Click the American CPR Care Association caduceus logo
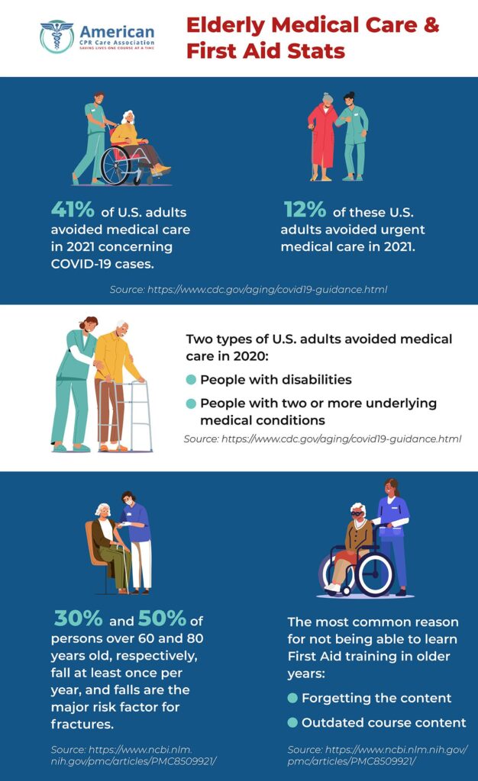pyautogui.click(x=57, y=37)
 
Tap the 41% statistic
pyautogui.click(x=72, y=210)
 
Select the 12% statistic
pyautogui.click(x=304, y=210)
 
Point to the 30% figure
pyautogui.click(x=75, y=619)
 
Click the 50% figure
pyautogui.click(x=162, y=619)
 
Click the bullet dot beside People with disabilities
pyautogui.click(x=191, y=380)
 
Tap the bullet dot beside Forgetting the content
pyautogui.click(x=292, y=698)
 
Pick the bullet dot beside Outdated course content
pyautogui.click(x=292, y=722)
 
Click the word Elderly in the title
pyautogui.click(x=228, y=25)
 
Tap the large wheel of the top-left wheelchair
pyautogui.click(x=116, y=163)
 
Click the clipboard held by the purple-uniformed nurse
pyautogui.click(x=392, y=533)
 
